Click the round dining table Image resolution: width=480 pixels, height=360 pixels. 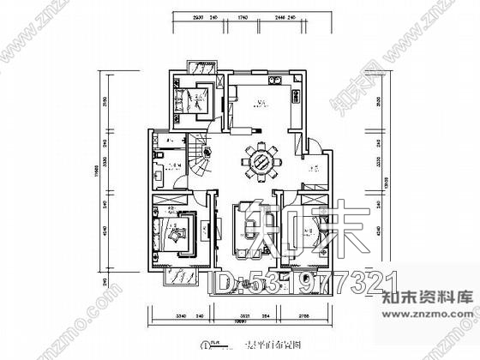coord(262,160)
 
